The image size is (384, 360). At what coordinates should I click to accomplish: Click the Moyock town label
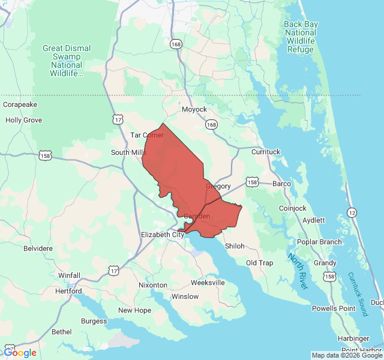point(194,109)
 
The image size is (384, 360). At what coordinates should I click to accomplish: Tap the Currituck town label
point(266,152)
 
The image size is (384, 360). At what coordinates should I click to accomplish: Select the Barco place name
point(281,183)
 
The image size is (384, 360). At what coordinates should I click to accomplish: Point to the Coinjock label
point(293,208)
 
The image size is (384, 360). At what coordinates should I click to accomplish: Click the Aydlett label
point(314,220)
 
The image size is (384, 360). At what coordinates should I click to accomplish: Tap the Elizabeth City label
point(163,235)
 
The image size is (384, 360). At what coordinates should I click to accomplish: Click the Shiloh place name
point(235,246)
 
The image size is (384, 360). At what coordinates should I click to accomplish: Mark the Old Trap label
point(259,263)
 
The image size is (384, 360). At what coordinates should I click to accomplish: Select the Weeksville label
point(208,282)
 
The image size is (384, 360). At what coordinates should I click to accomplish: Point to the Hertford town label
point(69,291)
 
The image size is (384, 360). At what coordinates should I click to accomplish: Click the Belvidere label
point(38,248)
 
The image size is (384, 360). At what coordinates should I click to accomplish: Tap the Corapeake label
point(20,104)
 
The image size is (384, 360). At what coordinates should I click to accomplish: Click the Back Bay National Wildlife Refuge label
point(300,37)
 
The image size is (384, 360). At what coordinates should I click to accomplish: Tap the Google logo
point(20,353)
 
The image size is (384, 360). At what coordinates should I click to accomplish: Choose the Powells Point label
point(334,308)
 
